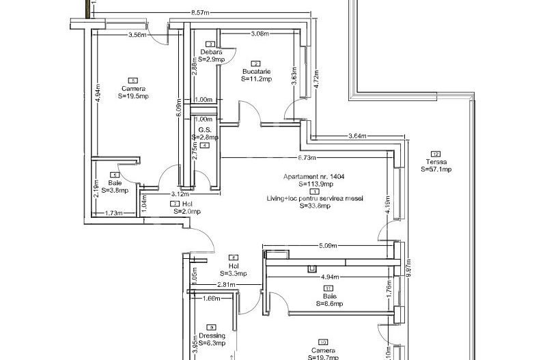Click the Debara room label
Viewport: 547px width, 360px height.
pyautogui.click(x=207, y=53)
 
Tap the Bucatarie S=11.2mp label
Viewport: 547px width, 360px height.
pyautogui.click(x=256, y=75)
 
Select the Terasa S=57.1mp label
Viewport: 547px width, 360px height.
pyautogui.click(x=436, y=165)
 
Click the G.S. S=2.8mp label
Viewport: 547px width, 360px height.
pyautogui.click(x=204, y=133)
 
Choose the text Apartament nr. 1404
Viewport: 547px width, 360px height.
pyautogui.click(x=314, y=176)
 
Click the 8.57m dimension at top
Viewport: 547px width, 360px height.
pyautogui.click(x=199, y=12)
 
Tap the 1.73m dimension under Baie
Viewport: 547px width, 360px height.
pyautogui.click(x=115, y=213)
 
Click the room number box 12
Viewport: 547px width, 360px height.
pyautogui.click(x=436, y=154)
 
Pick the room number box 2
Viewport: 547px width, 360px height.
pyautogui.click(x=255, y=64)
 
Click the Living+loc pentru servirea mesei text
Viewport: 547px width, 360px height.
pyautogui.click(x=315, y=198)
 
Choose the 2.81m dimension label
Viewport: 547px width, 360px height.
pyautogui.click(x=226, y=285)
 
